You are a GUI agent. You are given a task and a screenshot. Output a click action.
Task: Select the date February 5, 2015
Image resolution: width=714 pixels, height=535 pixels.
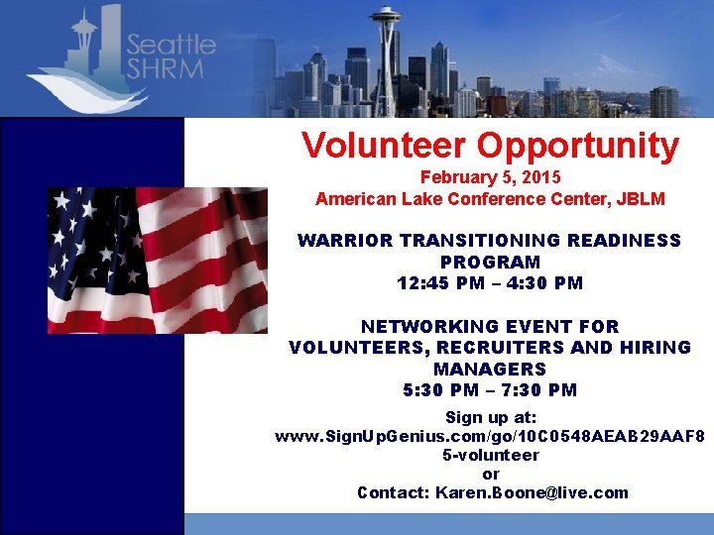pyautogui.click(x=490, y=177)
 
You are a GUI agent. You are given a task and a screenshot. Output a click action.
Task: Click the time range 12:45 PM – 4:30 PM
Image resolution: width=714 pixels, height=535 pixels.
pyautogui.click(x=490, y=283)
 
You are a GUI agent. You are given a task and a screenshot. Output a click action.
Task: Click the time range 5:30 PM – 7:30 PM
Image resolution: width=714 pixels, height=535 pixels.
pyautogui.click(x=490, y=390)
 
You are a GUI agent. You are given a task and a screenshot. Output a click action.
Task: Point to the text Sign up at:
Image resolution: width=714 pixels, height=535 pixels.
pyautogui.click(x=490, y=418)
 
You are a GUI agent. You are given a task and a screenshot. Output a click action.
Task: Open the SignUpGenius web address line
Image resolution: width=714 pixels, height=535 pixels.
pyautogui.click(x=490, y=436)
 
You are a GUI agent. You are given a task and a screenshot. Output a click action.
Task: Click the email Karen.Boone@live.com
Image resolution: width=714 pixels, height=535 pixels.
pyautogui.click(x=532, y=492)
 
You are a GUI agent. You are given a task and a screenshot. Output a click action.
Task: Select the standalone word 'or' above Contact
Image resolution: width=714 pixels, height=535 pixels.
pyautogui.click(x=490, y=474)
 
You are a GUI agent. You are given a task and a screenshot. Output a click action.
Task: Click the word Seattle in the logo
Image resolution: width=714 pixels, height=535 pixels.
pyautogui.click(x=172, y=45)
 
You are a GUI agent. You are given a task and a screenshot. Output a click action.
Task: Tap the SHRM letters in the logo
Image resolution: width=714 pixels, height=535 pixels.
pyautogui.click(x=165, y=69)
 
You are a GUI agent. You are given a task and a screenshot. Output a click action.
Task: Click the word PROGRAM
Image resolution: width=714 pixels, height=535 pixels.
pyautogui.click(x=490, y=263)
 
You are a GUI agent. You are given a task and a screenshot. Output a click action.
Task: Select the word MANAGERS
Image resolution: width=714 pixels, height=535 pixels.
pyautogui.click(x=490, y=369)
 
